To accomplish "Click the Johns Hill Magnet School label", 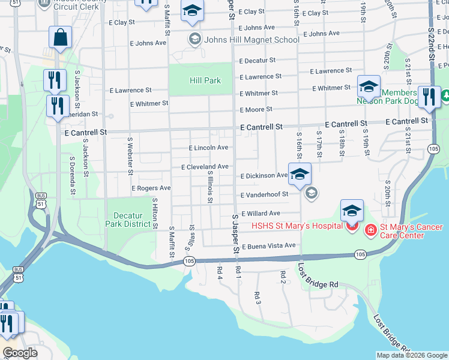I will (252, 40).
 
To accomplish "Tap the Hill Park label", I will (205, 80).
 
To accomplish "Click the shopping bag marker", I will (61, 38).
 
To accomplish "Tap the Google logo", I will (20, 352).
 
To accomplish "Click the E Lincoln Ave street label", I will (208, 148).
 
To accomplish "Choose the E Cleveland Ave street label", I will (205, 166).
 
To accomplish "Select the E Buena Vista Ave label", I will (269, 245).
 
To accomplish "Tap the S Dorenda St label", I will (73, 176).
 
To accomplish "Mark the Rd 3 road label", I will (257, 298).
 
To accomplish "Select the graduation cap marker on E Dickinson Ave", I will (300, 175).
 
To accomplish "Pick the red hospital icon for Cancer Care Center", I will (370, 230).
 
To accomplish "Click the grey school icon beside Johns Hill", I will (194, 40).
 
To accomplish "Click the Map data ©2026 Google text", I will (412, 355).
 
